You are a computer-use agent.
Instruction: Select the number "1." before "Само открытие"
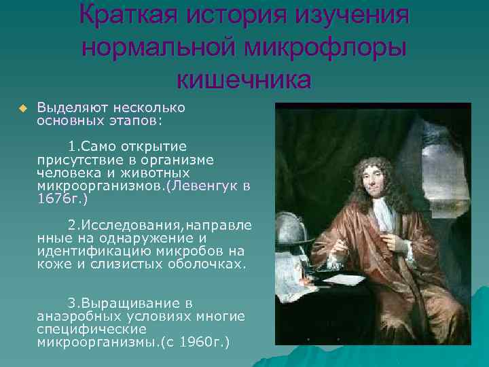click(74, 147)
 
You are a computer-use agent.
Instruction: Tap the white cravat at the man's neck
click(381, 216)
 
